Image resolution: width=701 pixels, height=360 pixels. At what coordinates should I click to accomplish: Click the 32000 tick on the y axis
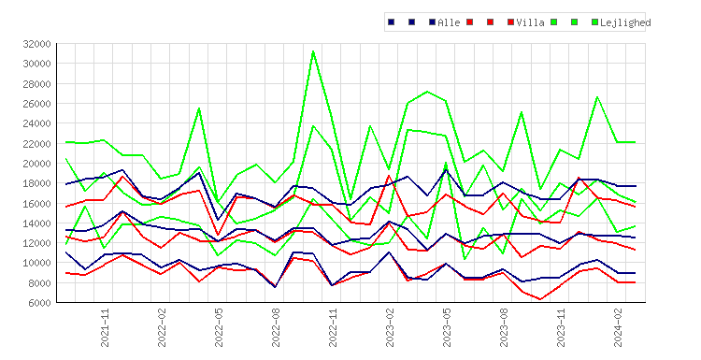click(x=36, y=44)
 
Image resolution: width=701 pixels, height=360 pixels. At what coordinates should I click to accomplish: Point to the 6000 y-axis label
click(x=39, y=303)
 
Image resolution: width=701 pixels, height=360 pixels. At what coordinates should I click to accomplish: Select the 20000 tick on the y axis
click(x=36, y=164)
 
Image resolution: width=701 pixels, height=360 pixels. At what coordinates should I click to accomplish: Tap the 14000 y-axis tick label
click(x=36, y=223)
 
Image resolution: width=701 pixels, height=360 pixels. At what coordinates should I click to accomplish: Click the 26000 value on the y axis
click(x=36, y=104)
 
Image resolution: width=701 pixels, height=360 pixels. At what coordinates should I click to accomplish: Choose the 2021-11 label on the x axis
click(x=105, y=327)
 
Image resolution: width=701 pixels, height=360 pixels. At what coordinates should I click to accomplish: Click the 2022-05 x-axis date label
click(x=219, y=327)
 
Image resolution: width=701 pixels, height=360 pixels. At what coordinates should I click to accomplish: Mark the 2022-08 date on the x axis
click(x=276, y=327)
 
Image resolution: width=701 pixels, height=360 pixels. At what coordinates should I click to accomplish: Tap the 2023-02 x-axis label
click(x=390, y=327)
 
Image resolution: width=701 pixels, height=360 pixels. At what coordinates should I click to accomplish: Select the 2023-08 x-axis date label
click(x=504, y=327)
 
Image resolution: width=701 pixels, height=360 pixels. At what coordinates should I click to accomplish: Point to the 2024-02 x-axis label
click(x=618, y=327)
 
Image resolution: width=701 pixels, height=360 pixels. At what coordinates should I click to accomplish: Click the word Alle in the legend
click(x=449, y=22)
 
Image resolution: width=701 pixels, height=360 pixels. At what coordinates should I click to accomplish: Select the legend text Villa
click(x=530, y=22)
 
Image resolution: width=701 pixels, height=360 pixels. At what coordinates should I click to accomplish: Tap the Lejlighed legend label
click(x=625, y=22)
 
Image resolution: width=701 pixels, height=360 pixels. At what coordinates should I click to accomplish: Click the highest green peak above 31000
click(x=313, y=51)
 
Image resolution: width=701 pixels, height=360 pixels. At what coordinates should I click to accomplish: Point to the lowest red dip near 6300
click(x=540, y=299)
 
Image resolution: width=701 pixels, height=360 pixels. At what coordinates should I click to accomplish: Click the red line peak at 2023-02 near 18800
click(x=389, y=176)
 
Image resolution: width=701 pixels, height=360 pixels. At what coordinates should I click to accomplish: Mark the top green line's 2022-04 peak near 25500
click(x=199, y=108)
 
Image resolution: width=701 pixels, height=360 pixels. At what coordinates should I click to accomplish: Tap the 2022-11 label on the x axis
click(x=333, y=327)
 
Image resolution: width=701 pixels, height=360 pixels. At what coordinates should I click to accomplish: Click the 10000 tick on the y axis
click(x=36, y=263)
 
